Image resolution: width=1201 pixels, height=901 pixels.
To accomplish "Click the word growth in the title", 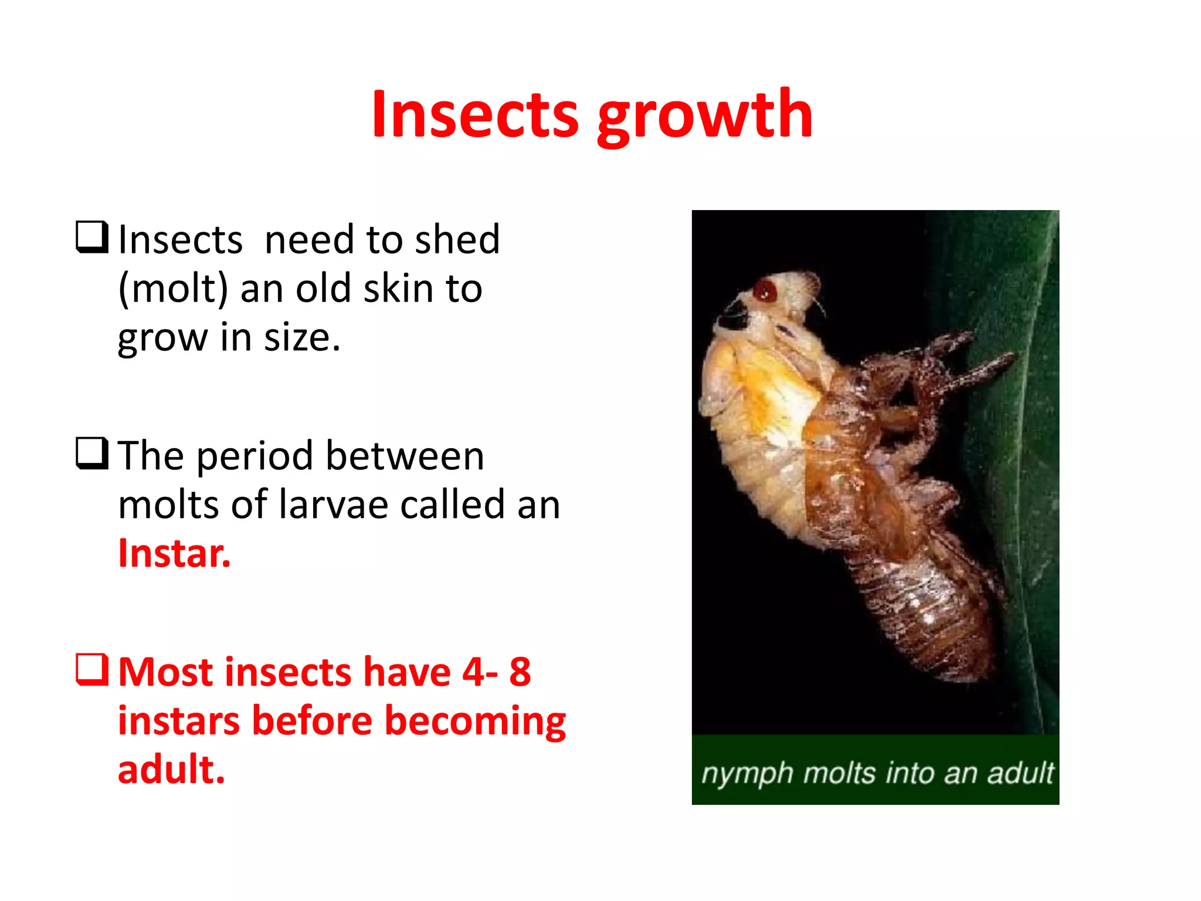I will [705, 116].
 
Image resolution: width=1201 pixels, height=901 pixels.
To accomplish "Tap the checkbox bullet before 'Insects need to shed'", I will [92, 237].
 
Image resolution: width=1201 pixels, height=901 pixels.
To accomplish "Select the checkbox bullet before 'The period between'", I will [92, 453].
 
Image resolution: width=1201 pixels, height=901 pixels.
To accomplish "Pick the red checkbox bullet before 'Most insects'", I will [92, 670].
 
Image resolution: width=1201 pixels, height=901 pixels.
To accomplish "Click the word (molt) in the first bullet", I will [173, 289].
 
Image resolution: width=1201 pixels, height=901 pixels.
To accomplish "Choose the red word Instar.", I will [174, 553].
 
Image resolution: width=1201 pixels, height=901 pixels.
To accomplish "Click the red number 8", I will [520, 672].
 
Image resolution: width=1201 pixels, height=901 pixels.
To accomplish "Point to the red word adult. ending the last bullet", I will [171, 770].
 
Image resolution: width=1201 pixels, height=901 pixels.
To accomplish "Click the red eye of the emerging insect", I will [765, 290].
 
